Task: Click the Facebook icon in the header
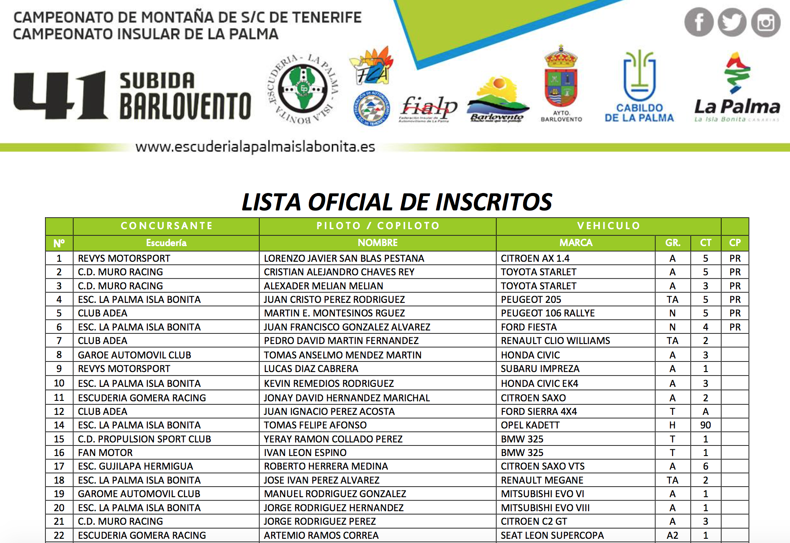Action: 698,22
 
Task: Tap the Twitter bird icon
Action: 732,22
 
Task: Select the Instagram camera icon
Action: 765,22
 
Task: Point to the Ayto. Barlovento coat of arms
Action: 561,78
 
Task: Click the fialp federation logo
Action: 429,108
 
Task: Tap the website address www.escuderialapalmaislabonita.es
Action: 255,147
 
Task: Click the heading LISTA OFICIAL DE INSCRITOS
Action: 397,202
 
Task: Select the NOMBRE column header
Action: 378,243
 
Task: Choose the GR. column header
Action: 672,243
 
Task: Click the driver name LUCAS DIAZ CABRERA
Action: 311,369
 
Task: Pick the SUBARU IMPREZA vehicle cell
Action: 540,369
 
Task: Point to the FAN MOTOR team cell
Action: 105,453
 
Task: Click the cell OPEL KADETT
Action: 530,425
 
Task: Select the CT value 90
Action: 706,425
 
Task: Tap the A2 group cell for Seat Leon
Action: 672,535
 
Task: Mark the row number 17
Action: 59,466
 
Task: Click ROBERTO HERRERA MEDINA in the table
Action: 326,466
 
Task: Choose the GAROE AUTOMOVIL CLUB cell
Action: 134,355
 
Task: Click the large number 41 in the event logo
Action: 60,95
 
